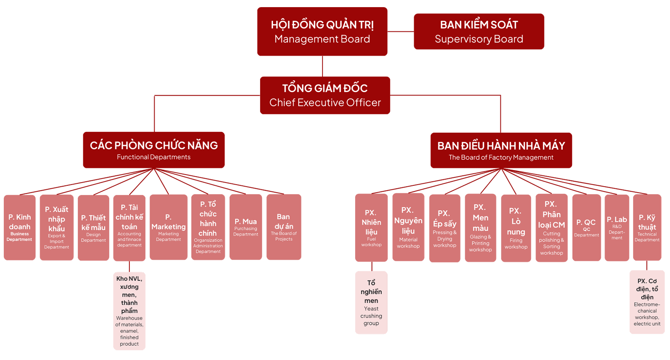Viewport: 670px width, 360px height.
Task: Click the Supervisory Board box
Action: [479, 32]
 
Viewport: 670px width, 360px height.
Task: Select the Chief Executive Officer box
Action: [325, 95]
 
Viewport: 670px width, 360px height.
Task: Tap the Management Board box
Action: [322, 32]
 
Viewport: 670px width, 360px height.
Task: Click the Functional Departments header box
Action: [154, 150]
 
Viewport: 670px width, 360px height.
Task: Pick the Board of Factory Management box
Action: [501, 150]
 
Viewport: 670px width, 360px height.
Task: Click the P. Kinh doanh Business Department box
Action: [20, 227]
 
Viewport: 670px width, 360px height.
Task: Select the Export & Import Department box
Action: [57, 227]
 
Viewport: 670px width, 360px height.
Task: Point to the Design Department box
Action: [93, 228]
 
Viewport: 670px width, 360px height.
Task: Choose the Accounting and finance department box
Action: [129, 228]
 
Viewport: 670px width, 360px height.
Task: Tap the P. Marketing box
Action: [168, 227]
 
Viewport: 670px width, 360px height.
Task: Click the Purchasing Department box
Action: [246, 227]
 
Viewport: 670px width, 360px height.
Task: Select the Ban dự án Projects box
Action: [283, 227]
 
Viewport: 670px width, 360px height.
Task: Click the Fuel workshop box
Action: [371, 228]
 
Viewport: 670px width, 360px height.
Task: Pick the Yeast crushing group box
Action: [371, 302]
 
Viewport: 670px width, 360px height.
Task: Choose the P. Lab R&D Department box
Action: [617, 228]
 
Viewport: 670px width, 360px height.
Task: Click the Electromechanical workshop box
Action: [647, 302]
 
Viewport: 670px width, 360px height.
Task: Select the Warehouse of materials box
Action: [129, 311]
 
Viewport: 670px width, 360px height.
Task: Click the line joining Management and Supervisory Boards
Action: [400, 31]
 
